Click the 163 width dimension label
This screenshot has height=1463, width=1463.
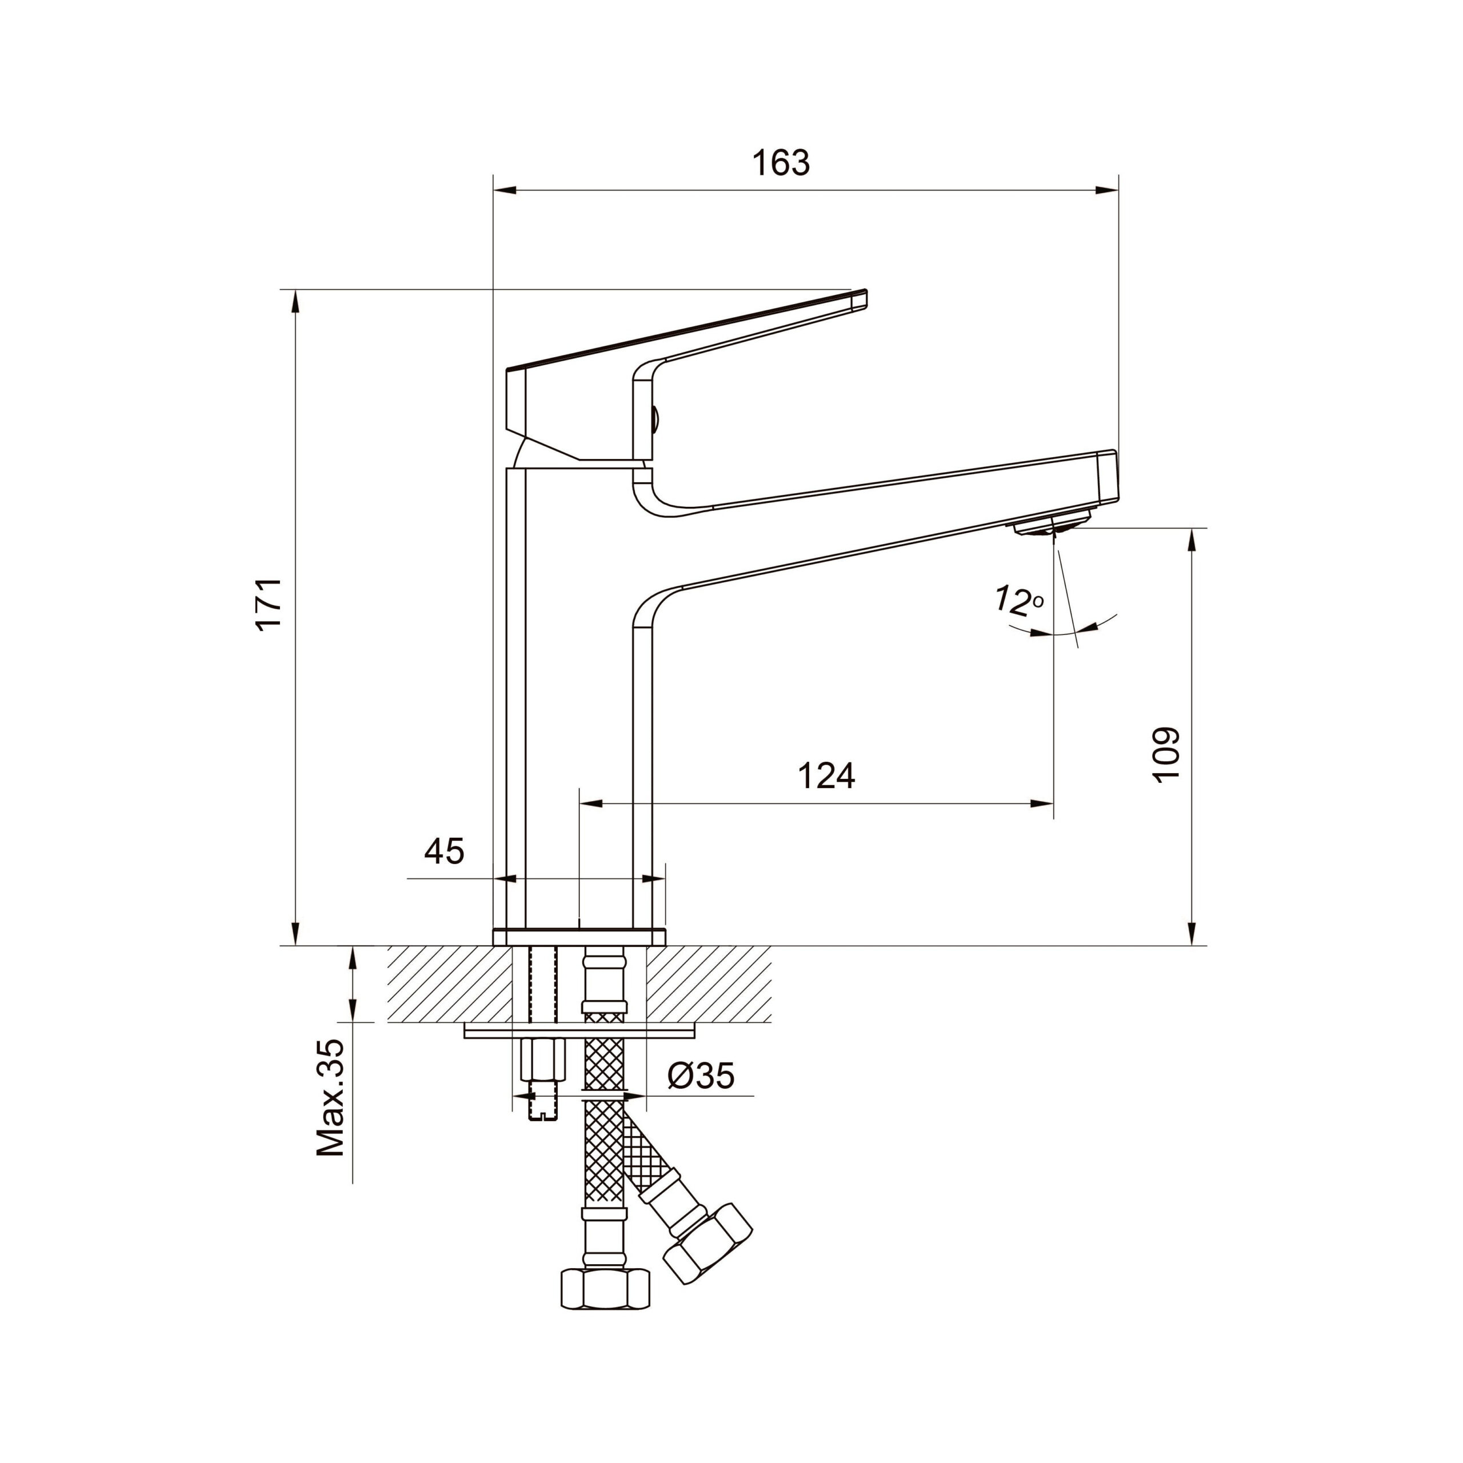[781, 163]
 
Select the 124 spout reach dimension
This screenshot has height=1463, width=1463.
[826, 776]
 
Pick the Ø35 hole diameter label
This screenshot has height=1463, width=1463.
[701, 1076]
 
